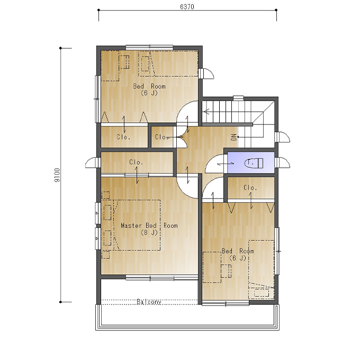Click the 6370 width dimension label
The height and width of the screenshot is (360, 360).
pos(187,7)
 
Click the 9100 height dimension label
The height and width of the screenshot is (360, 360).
pos(57,175)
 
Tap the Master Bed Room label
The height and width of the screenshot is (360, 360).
pos(149,226)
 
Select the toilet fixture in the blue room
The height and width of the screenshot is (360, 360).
pos(254,163)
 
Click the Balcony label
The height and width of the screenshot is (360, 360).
pos(149,302)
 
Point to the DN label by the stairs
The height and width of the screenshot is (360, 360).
pos(233,137)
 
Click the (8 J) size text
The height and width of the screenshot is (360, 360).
pos(149,232)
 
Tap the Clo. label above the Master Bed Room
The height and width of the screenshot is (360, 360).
pos(136,162)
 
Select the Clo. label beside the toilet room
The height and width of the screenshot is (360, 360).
pos(250,188)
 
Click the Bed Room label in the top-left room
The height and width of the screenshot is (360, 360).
pos(149,86)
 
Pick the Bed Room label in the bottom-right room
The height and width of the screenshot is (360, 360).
pos(238,251)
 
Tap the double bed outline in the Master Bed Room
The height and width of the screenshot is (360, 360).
pos(137,225)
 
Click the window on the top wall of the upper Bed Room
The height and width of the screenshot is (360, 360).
pos(149,48)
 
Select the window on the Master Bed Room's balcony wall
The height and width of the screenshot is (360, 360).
pos(161,278)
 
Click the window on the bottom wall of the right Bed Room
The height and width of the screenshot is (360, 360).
pos(226,304)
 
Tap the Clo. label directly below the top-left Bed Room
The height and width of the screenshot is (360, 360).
pos(124,137)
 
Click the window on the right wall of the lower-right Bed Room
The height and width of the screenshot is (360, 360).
pos(277,251)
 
